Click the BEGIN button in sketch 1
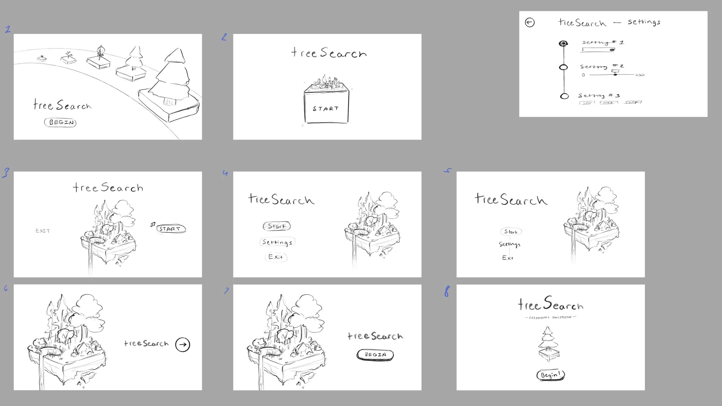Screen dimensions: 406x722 coord(60,122)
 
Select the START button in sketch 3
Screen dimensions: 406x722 coord(171,229)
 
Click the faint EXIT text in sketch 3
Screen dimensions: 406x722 coord(43,231)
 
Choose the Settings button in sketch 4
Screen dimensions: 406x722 coord(277,242)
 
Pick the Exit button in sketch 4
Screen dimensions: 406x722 coord(276,257)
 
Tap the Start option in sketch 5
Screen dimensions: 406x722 coord(511,232)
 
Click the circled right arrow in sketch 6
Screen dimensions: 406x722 coord(183,344)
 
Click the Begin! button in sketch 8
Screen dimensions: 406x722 coord(550,375)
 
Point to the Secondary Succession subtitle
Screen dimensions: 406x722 coord(550,317)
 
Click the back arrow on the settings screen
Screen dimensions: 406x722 coord(530,23)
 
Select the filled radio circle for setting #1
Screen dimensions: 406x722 coord(563,44)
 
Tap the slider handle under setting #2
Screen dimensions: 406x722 coord(615,74)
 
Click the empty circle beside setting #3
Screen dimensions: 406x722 coord(564,96)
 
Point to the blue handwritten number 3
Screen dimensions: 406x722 coord(6,173)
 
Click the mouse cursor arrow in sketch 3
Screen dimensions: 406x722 coord(152,224)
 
